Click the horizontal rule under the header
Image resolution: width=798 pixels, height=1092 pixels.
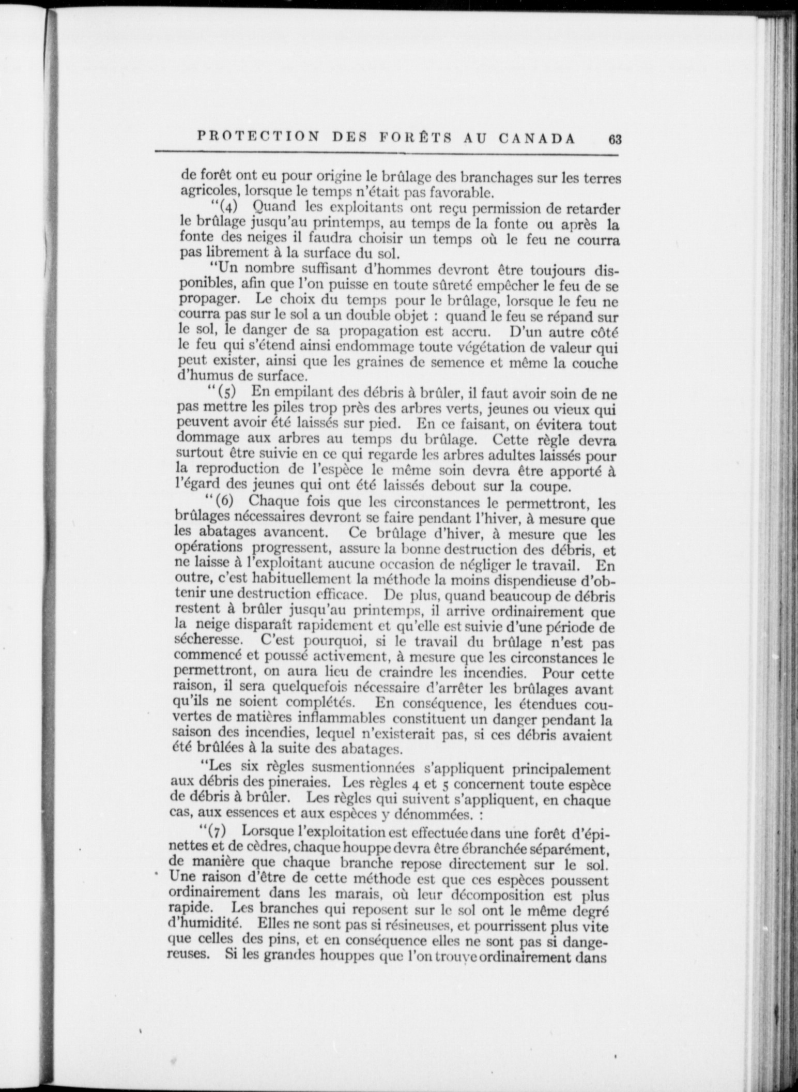(388, 151)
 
